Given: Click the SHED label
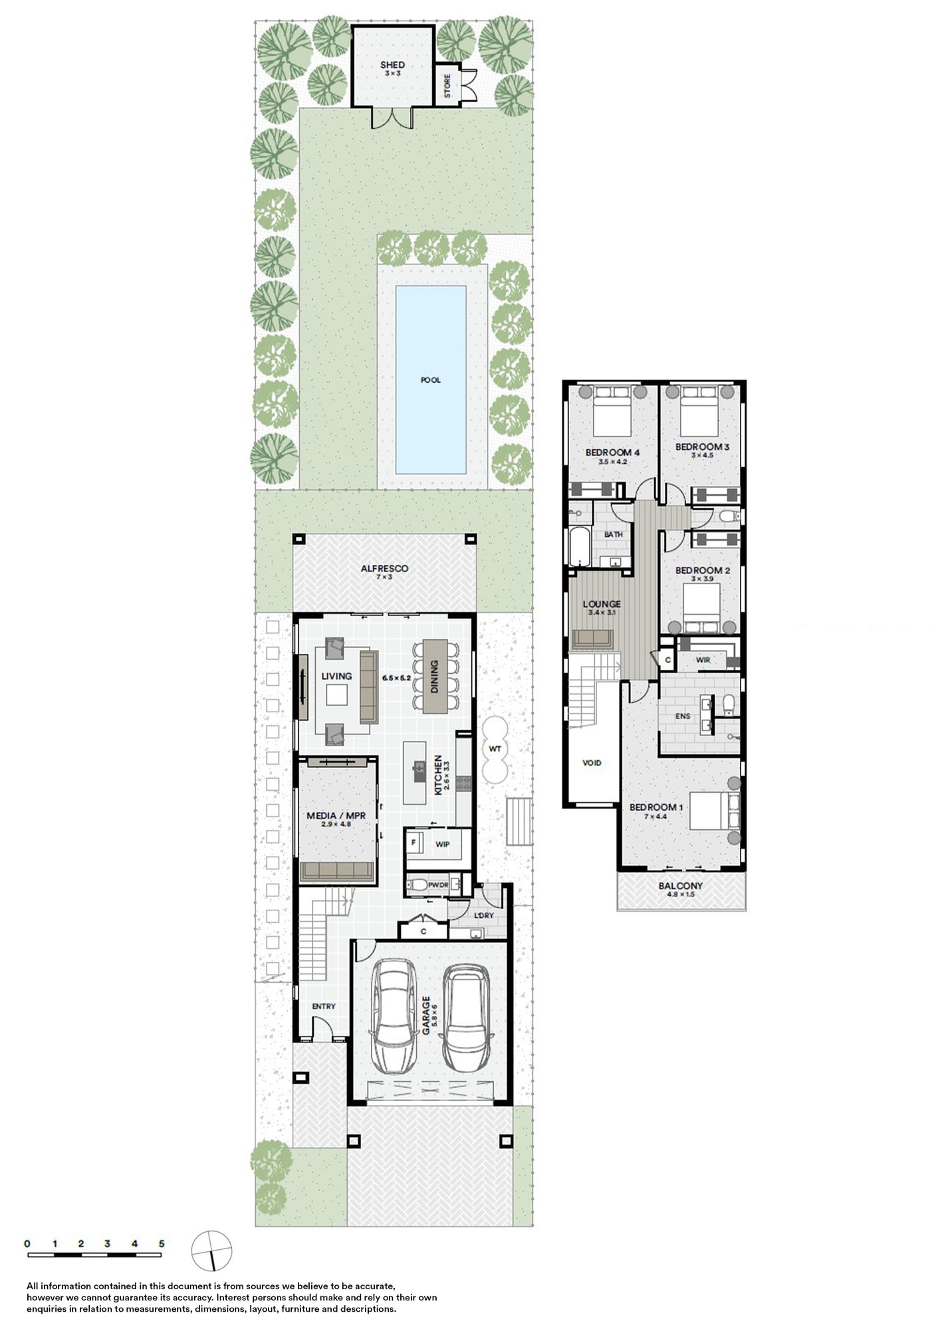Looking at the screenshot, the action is pyautogui.click(x=392, y=65).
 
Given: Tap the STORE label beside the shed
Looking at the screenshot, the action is pyautogui.click(x=447, y=86).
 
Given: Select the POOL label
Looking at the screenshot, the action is pyautogui.click(x=431, y=380).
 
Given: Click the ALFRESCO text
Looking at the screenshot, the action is pyautogui.click(x=384, y=569).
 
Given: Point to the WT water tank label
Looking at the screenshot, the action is pyautogui.click(x=495, y=749).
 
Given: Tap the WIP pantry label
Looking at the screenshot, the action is pyautogui.click(x=443, y=844).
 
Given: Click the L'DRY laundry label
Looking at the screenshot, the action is pyautogui.click(x=485, y=915).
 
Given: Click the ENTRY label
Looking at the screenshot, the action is pyautogui.click(x=324, y=1006).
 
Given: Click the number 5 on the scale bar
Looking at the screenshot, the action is pyautogui.click(x=162, y=1243).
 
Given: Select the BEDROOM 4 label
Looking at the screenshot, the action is pyautogui.click(x=612, y=453).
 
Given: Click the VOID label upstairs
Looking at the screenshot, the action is pyautogui.click(x=592, y=763).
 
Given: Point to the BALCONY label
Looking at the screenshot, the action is pyautogui.click(x=681, y=886).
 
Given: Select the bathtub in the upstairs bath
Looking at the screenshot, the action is pyautogui.click(x=576, y=546).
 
